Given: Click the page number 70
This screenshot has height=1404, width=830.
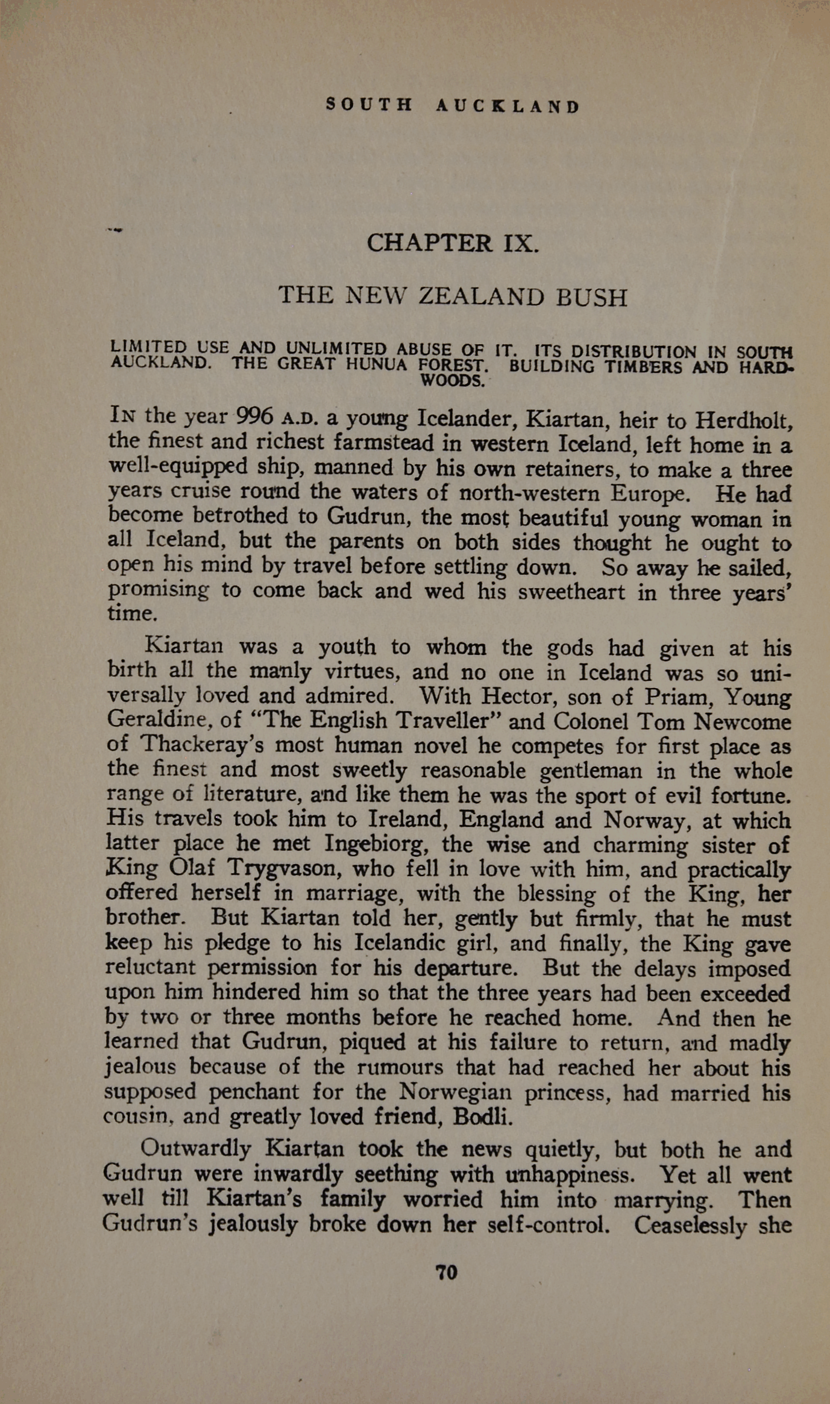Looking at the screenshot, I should point(446,1272).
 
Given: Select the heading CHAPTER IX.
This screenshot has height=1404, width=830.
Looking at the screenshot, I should point(452,243).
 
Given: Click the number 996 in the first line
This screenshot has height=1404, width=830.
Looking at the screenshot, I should point(256,416).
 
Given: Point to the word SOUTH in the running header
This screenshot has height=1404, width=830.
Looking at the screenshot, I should point(369,106).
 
